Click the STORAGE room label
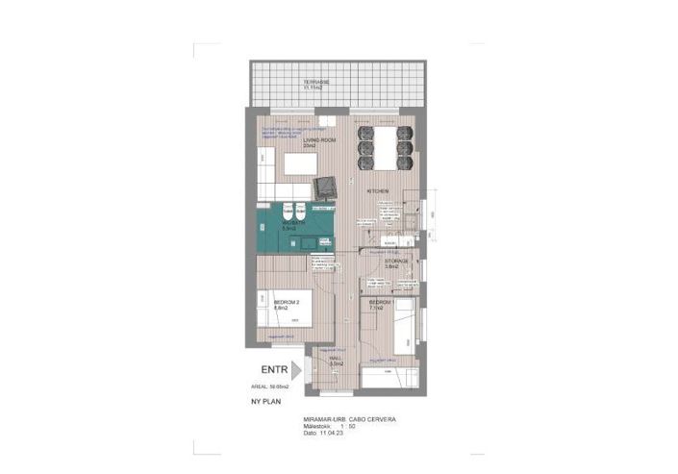[397, 262]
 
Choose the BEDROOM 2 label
[287, 304]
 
